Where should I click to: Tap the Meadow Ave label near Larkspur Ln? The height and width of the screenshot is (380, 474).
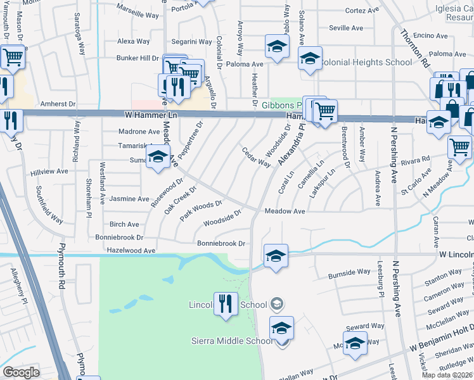pyautogui.click(x=285, y=211)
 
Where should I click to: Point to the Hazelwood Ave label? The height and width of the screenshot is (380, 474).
pyautogui.click(x=131, y=251)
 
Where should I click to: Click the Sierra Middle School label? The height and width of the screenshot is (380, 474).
pyautogui.click(x=233, y=341)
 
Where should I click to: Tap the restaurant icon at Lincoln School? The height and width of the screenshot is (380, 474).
pyautogui.click(x=226, y=303)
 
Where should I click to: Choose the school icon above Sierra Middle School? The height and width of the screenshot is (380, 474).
pyautogui.click(x=281, y=327)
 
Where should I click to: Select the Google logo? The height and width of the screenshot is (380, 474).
pyautogui.click(x=21, y=372)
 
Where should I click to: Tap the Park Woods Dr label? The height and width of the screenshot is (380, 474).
pyautogui.click(x=200, y=209)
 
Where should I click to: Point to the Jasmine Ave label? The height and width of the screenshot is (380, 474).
pyautogui.click(x=129, y=199)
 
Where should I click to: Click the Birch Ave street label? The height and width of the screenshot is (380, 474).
pyautogui.click(x=124, y=224)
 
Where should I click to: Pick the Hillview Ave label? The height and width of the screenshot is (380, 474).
pyautogui.click(x=49, y=172)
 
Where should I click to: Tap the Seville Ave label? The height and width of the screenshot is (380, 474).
pyautogui.click(x=346, y=28)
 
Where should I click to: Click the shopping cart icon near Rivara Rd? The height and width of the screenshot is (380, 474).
pyautogui.click(x=459, y=147)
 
